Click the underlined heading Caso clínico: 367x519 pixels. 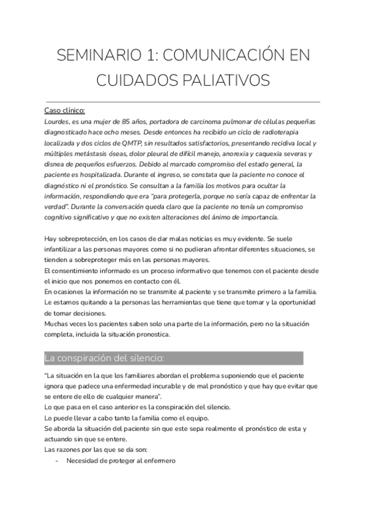(65, 111)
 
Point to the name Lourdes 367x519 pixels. (57, 122)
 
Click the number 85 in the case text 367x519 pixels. (130, 122)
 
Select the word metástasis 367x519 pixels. (92, 155)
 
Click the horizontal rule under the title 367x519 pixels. (182, 102)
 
